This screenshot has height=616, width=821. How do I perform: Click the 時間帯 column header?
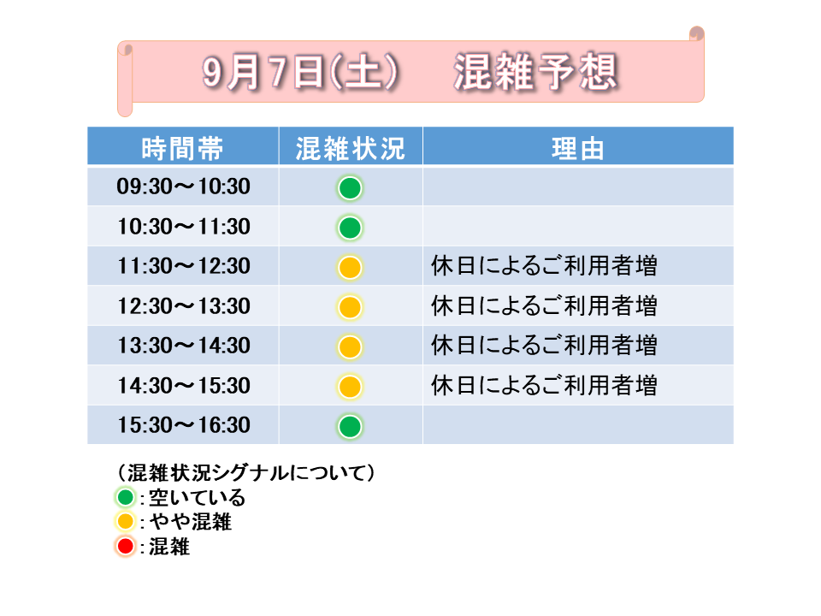click(x=183, y=148)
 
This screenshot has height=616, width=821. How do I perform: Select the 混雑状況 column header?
click(x=351, y=148)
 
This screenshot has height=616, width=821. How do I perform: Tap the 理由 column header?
click(x=578, y=148)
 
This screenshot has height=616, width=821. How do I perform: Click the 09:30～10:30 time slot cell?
click(x=183, y=187)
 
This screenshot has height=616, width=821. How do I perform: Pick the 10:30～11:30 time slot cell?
click(x=183, y=227)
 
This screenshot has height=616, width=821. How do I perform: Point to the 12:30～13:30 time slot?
click(x=183, y=306)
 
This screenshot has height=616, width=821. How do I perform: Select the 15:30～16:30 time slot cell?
click(x=183, y=425)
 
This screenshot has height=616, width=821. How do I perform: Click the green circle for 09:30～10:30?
click(x=350, y=188)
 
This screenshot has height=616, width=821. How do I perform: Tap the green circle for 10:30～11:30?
click(x=350, y=228)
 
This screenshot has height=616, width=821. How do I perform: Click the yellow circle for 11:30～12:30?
click(x=350, y=268)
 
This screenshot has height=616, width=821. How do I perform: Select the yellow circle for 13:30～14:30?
click(x=350, y=346)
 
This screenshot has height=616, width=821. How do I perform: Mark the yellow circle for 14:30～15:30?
click(x=350, y=387)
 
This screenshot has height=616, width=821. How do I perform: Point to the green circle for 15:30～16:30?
click(x=350, y=426)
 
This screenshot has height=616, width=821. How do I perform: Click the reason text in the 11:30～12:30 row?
click(x=544, y=265)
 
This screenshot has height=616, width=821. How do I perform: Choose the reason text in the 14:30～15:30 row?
click(x=544, y=386)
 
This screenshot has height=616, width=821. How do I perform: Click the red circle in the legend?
click(x=126, y=547)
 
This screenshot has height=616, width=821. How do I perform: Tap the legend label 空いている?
click(x=197, y=498)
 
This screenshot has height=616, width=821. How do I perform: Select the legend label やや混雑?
click(x=191, y=522)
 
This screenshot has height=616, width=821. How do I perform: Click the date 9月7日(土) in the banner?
click(x=300, y=72)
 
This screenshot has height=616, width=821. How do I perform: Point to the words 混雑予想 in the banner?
click(x=535, y=72)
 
